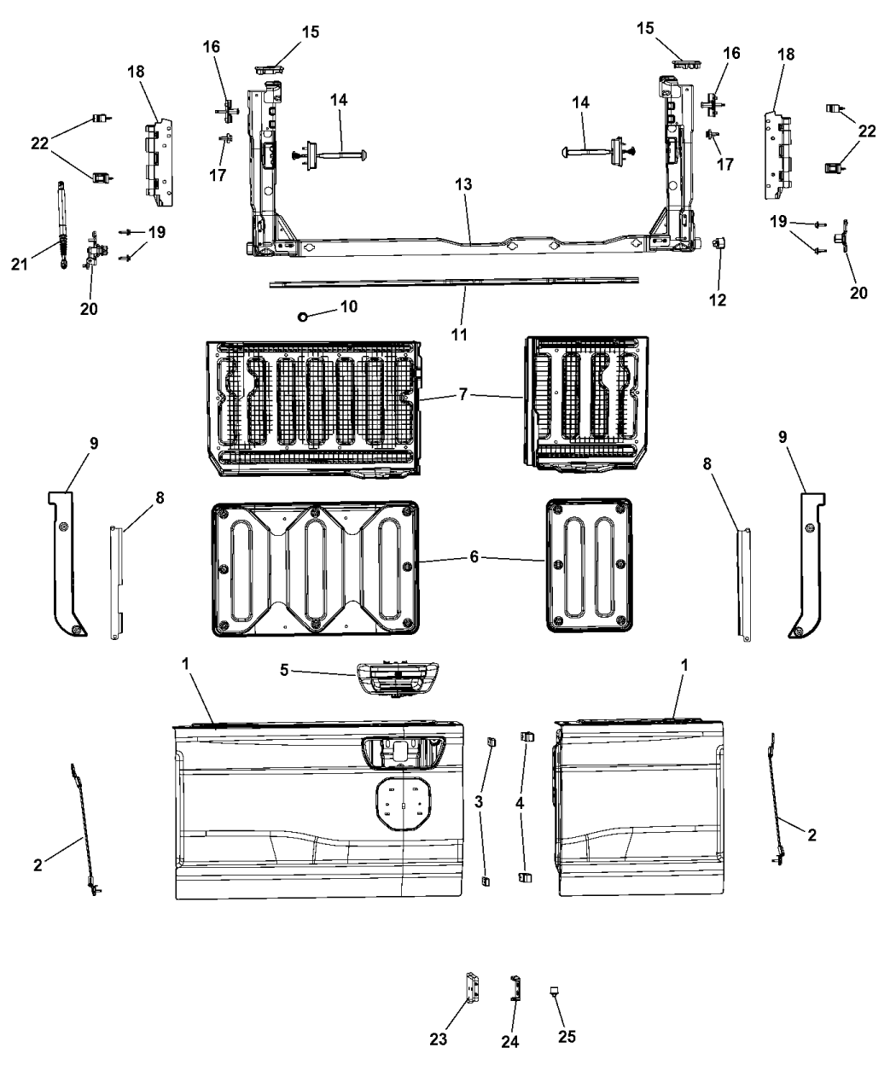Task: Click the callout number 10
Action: [x=349, y=306]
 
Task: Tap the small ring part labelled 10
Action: [x=302, y=317]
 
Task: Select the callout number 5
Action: [x=284, y=670]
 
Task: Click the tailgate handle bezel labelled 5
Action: [x=397, y=679]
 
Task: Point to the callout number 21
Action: [x=20, y=265]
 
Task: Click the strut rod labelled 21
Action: [x=62, y=224]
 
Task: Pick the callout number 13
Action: [x=463, y=184]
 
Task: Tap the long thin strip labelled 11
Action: [x=454, y=282]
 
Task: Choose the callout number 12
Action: [x=718, y=300]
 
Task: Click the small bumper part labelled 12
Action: [x=719, y=243]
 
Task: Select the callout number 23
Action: [x=439, y=1039]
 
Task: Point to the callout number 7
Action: [x=463, y=395]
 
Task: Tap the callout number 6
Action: [x=474, y=557]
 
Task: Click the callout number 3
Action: [x=479, y=802]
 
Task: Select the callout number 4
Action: [x=520, y=804]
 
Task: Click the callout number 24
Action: [x=510, y=1042]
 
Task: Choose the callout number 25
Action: [x=567, y=1037]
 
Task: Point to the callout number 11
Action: [x=459, y=335]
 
